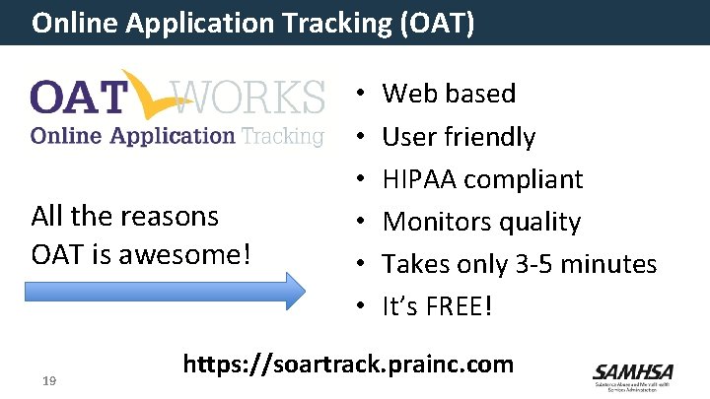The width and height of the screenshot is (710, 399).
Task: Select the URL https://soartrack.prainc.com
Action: tap(348, 365)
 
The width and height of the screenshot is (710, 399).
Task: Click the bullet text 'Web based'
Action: tap(449, 94)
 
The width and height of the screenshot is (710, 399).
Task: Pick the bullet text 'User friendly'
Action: tap(459, 137)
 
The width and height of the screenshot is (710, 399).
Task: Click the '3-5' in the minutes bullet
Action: tap(528, 264)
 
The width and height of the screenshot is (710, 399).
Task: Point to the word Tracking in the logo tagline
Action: tap(282, 136)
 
